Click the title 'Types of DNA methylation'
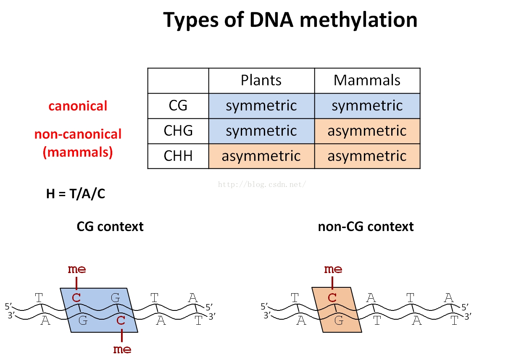[x=290, y=20]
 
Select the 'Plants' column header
[x=261, y=80]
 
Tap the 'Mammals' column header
[x=367, y=80]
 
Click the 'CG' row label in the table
[x=178, y=105]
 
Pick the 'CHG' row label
[x=178, y=131]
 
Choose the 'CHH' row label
[x=178, y=156]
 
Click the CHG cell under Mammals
[x=367, y=131]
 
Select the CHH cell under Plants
[x=261, y=156]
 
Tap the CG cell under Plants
[x=261, y=106]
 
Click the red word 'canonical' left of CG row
[x=78, y=106]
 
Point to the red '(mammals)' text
[x=78, y=152]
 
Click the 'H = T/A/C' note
[x=76, y=194]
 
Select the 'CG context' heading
[x=110, y=227]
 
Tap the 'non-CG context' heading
[x=366, y=227]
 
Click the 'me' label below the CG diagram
[x=122, y=349]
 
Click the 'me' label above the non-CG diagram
[x=333, y=269]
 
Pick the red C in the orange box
[x=332, y=298]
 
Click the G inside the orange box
[x=339, y=321]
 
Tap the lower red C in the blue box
[x=121, y=321]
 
